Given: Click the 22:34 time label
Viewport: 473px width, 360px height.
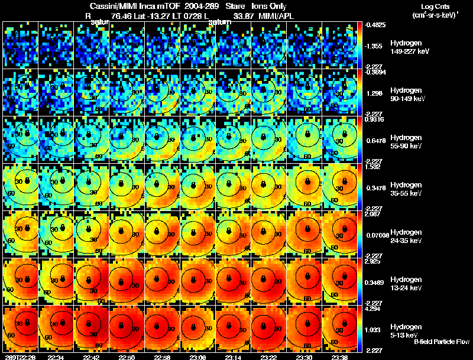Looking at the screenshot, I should tap(56, 357).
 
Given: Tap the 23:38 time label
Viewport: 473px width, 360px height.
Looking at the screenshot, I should tap(341, 357).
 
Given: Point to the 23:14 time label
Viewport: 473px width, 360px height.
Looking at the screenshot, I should tap(234, 357).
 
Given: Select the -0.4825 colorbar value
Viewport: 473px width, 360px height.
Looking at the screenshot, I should tap(375, 25).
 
